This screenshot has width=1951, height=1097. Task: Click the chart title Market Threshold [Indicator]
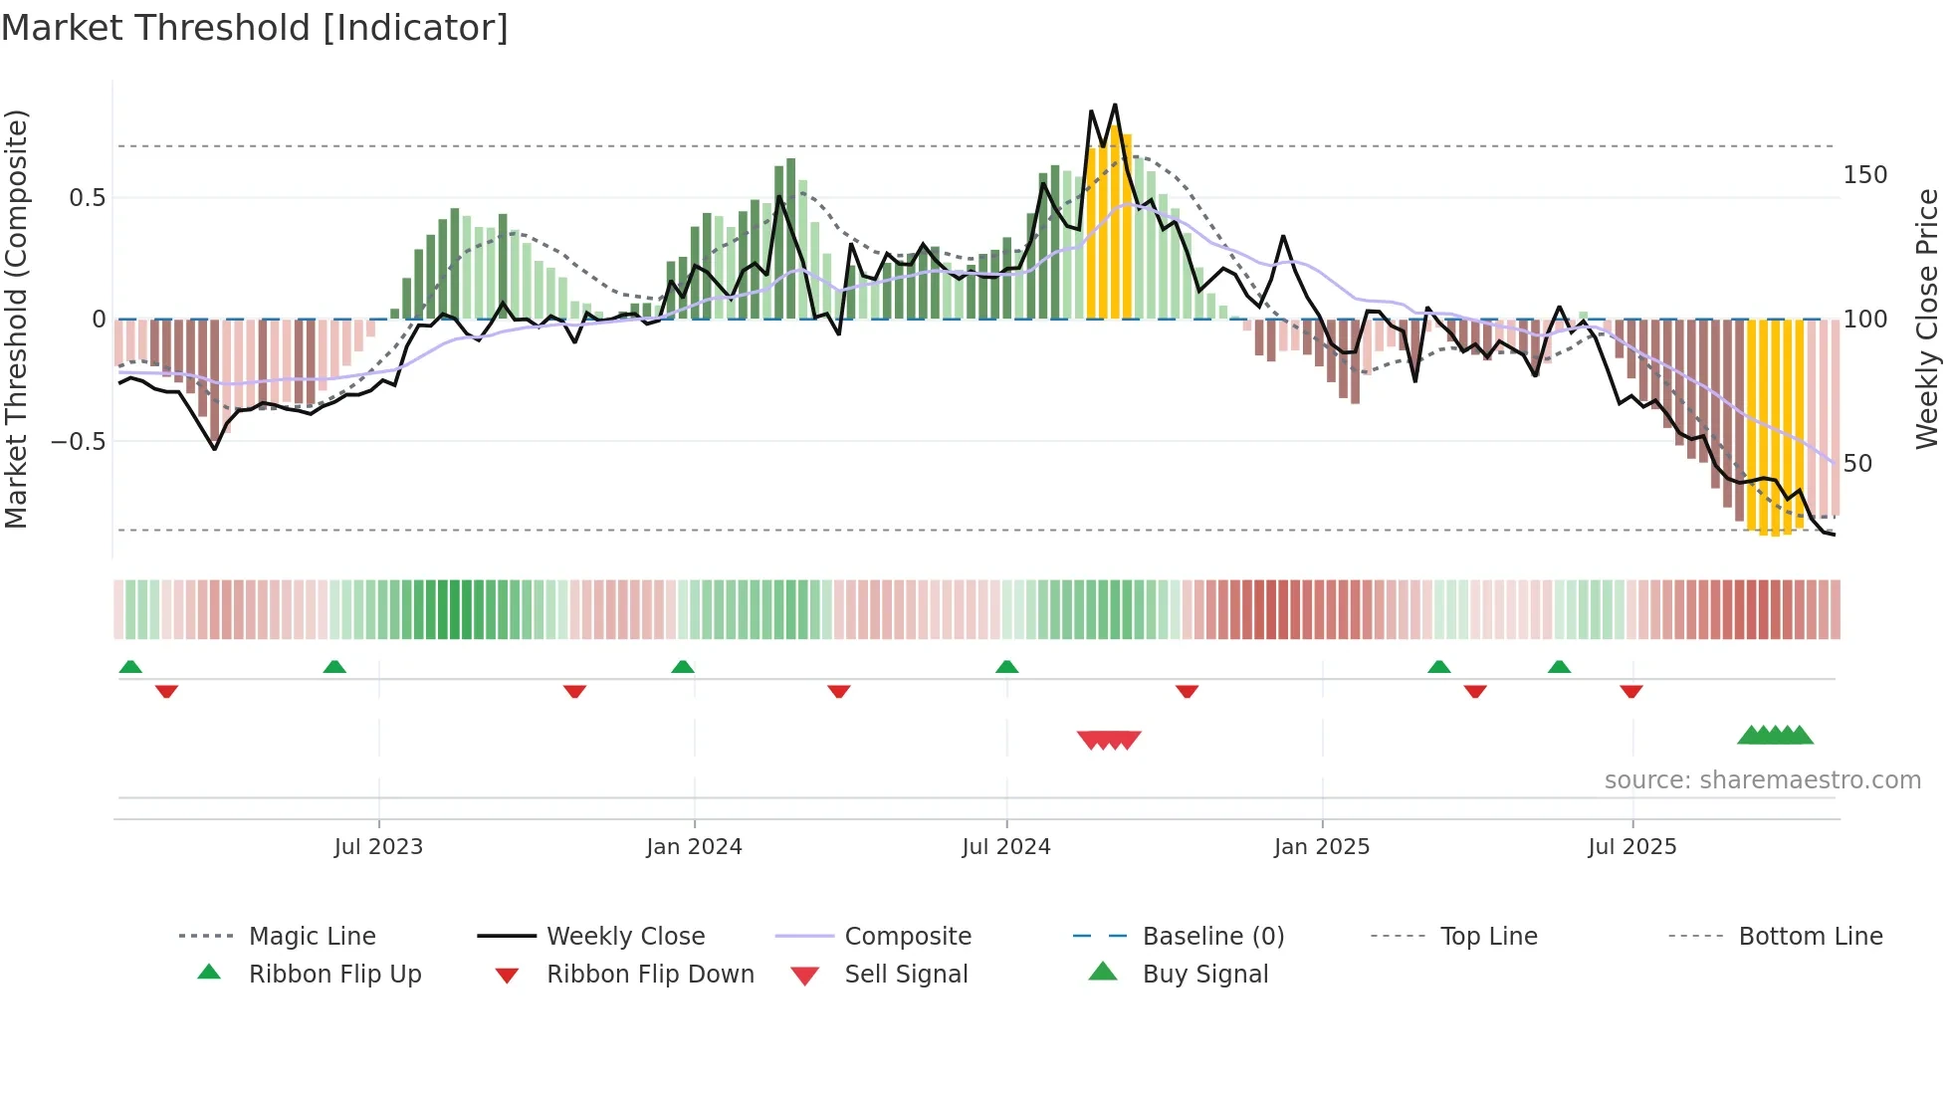255,28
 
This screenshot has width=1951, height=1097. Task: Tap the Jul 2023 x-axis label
378,847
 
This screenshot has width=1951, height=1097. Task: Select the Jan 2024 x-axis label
694,847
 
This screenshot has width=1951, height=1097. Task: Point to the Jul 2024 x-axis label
1005,847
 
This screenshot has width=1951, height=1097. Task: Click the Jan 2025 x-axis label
1322,847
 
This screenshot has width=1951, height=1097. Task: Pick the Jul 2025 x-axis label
1632,847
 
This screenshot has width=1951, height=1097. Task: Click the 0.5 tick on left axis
87,198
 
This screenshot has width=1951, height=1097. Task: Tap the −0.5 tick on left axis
79,441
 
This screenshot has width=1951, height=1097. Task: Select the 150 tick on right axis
1864,175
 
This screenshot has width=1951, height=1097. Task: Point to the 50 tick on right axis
1857,464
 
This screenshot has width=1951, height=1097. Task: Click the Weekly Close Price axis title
1928,319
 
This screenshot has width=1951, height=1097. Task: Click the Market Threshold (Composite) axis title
17,319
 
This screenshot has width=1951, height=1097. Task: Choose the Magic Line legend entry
312,937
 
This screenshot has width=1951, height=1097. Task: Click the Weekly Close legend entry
625,937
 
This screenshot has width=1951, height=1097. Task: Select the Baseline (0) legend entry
1212,937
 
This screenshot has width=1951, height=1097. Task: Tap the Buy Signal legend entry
1204,975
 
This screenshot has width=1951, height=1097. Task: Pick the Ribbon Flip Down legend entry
650,975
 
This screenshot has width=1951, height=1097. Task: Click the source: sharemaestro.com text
1762,780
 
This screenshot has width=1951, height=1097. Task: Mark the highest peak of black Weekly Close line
1115,105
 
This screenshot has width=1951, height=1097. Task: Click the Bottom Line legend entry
1810,937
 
